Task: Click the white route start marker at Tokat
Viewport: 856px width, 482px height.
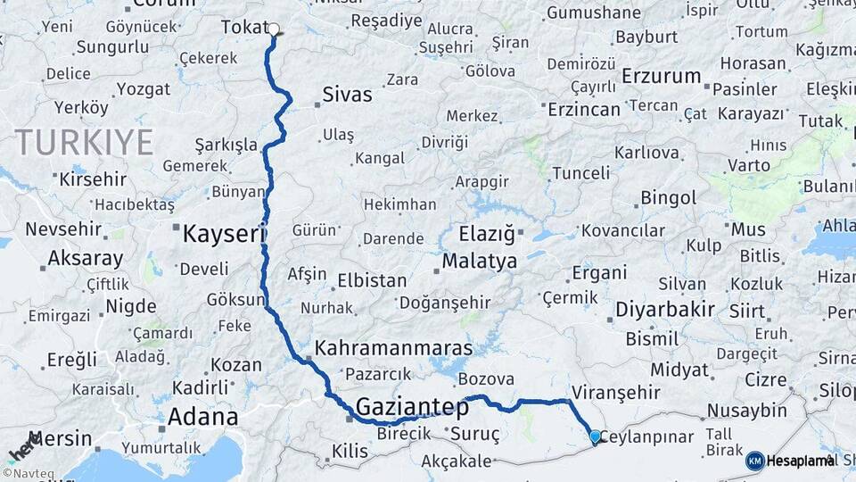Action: [274, 29]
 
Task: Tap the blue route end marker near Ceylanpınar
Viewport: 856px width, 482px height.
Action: [595, 436]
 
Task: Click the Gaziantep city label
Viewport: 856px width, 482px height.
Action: [412, 408]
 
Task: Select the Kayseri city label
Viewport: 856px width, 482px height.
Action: [224, 235]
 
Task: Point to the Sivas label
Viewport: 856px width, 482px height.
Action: [347, 94]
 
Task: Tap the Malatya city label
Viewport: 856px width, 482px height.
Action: [479, 262]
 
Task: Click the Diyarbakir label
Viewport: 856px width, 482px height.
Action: [664, 310]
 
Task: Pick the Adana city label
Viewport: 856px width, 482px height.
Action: [203, 417]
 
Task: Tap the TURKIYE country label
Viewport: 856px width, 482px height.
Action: [83, 142]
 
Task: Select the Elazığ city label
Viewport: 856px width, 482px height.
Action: [487, 235]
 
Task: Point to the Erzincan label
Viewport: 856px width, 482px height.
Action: [583, 109]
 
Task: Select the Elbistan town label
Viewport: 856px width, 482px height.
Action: [372, 280]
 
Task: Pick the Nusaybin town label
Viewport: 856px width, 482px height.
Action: [747, 411]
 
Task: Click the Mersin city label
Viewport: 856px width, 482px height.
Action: [61, 438]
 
